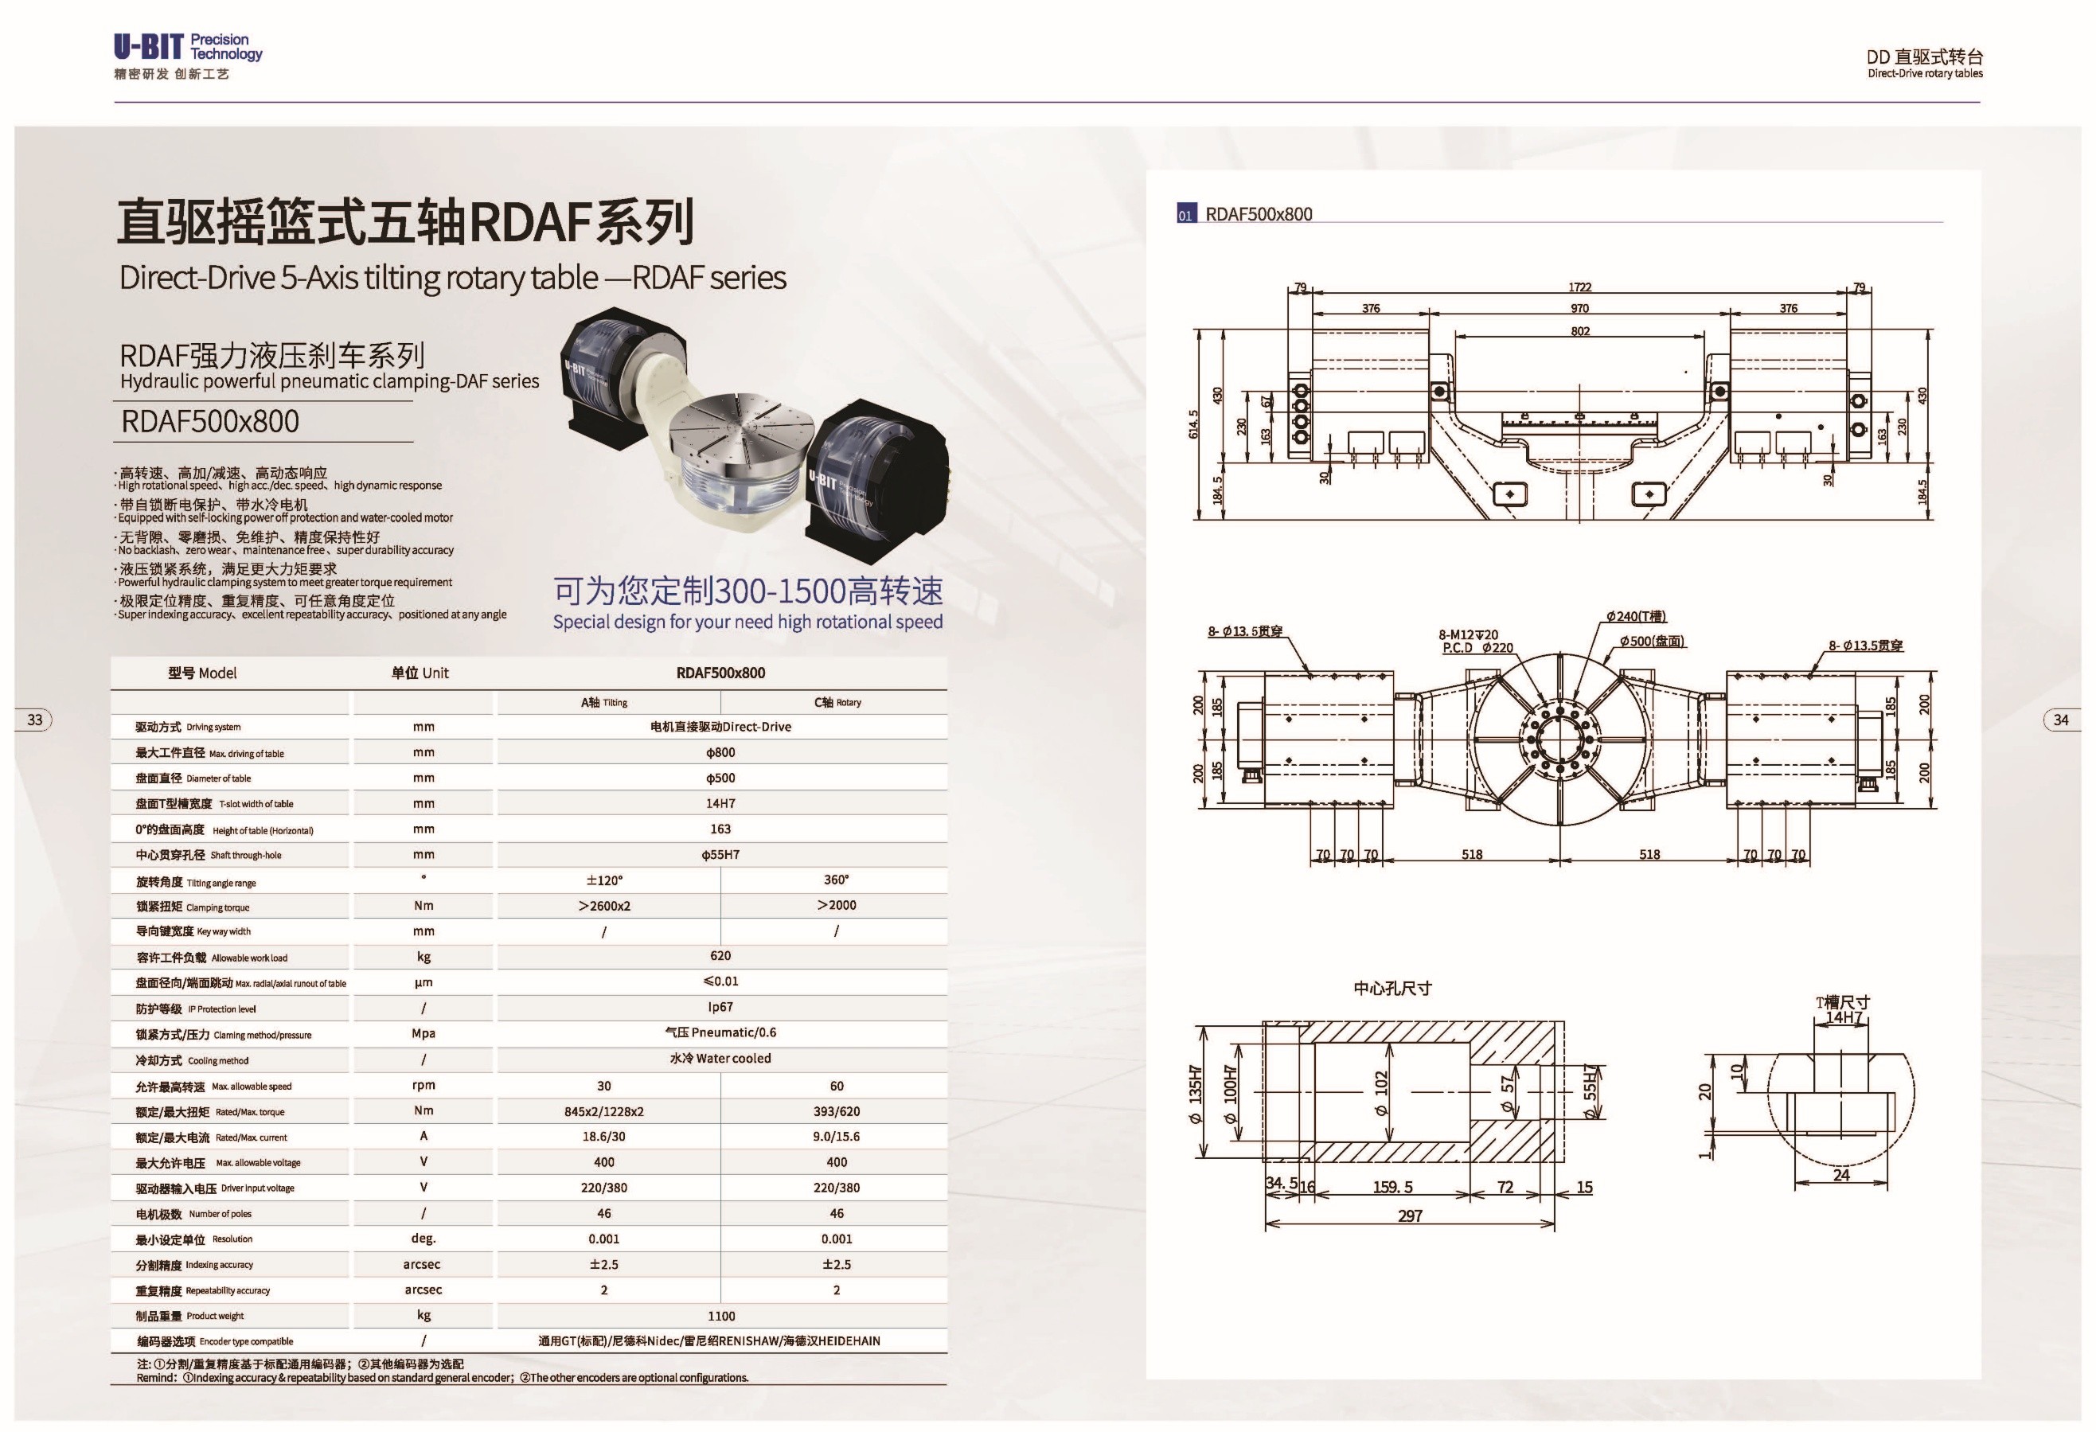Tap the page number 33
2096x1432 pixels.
click(35, 720)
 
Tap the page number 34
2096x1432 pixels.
click(2061, 720)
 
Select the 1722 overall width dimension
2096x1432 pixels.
click(1579, 287)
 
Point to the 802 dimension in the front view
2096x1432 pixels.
click(1580, 331)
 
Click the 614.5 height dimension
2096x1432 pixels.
click(1194, 423)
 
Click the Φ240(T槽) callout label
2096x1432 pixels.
click(1636, 617)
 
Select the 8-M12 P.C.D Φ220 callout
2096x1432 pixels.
click(1477, 641)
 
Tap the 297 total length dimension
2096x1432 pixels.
click(1410, 1216)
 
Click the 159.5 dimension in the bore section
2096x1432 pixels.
click(1392, 1188)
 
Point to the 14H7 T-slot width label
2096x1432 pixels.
click(1844, 1017)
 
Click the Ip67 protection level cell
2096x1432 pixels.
click(720, 1007)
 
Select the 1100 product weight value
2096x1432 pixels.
click(721, 1317)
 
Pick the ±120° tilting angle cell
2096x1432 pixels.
click(604, 880)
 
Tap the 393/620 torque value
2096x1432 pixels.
click(837, 1112)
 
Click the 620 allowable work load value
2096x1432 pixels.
click(720, 956)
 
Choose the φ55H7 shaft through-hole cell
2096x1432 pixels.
click(720, 855)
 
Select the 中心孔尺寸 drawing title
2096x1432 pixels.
click(1392, 989)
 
